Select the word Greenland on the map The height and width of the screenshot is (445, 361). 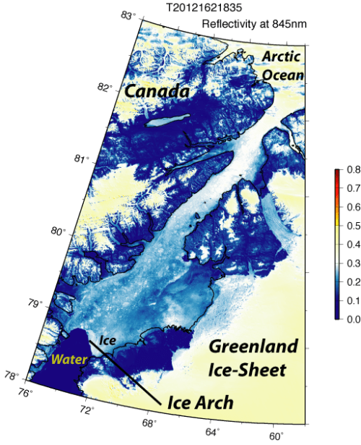[x=249, y=347]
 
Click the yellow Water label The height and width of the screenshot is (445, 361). [x=69, y=359]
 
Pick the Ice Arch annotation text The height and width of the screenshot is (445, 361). [x=200, y=402]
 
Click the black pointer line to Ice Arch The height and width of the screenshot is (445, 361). [x=130, y=374]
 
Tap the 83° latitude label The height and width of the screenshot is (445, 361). [x=129, y=14]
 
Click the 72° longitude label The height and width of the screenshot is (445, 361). [x=86, y=410]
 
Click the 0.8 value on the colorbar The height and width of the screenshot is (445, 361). [x=353, y=170]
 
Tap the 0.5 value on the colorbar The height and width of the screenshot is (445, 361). [x=353, y=226]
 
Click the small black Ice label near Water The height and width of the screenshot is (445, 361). [x=108, y=339]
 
